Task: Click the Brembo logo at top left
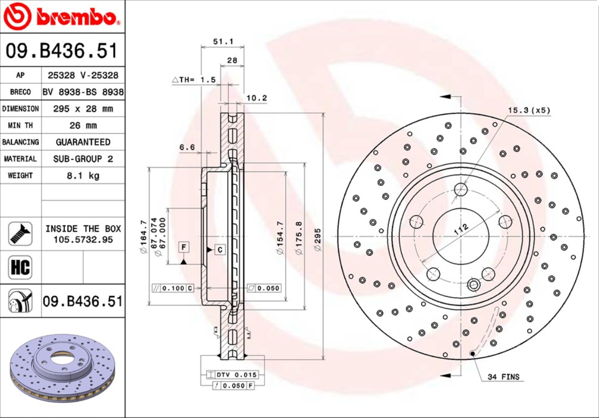coord(62,17)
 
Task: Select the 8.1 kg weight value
coord(83,175)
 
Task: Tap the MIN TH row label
coord(20,126)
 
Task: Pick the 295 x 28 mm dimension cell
coord(83,109)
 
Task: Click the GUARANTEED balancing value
coord(83,142)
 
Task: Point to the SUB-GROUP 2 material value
coord(83,159)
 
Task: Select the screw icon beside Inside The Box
coord(20,234)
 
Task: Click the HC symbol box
coord(20,268)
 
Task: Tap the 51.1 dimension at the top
coord(224,41)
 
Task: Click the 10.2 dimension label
coord(257,97)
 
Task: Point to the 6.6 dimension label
coord(187,147)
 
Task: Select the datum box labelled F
coord(184,248)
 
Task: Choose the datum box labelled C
coord(220,250)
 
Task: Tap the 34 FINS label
coord(503,377)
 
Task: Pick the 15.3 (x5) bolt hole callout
coord(528,110)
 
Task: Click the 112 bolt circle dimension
coord(461,228)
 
